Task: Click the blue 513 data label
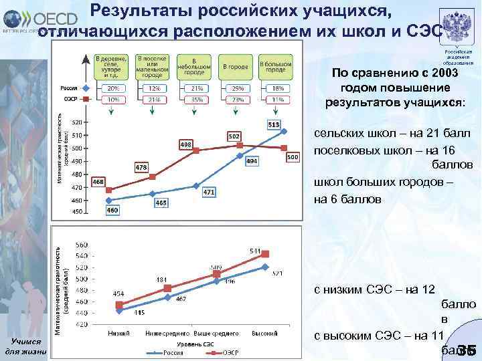pos(274,125)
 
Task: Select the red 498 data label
pos(186,144)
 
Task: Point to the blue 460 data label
pos(113,210)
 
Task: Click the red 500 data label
pos(293,156)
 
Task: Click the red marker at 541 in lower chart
pos(265,254)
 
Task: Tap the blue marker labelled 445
pos(119,308)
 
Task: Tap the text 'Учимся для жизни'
pos(24,346)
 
